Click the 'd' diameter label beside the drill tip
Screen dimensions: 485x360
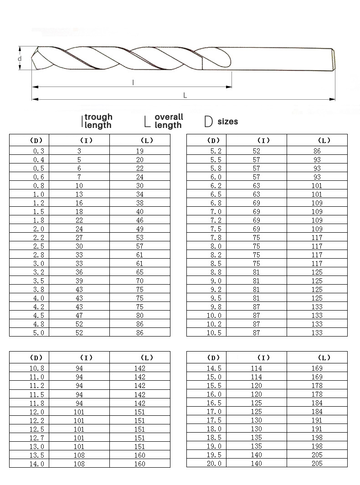click(x=20, y=59)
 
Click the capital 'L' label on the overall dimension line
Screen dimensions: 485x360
click(x=185, y=95)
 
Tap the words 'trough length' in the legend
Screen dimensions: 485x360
click(x=98, y=121)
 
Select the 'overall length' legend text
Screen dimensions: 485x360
click(x=168, y=121)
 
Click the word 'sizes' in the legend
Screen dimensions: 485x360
click(x=227, y=122)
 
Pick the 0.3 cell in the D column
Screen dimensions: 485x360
click(x=39, y=151)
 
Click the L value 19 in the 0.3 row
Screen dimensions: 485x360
click(x=139, y=151)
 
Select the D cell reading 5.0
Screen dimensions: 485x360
click(x=39, y=333)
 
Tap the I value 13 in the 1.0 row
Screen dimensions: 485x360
click(x=79, y=194)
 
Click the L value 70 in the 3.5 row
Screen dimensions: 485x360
click(x=139, y=281)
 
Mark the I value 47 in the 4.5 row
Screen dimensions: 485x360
click(x=79, y=316)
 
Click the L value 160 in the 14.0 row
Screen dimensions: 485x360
click(x=139, y=464)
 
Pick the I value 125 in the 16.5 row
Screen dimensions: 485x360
click(x=257, y=403)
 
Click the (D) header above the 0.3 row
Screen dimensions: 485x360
click(x=36, y=140)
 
